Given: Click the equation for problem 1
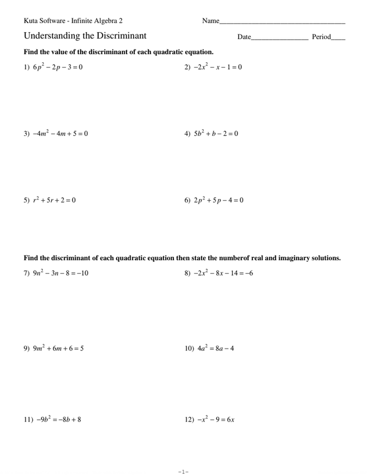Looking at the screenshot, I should [58, 67].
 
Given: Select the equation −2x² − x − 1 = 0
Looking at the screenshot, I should [217, 67].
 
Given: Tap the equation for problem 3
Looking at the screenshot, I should [60, 134].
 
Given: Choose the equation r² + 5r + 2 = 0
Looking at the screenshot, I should [54, 200].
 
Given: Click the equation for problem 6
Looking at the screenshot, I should [218, 200].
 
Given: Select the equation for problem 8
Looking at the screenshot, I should [223, 274].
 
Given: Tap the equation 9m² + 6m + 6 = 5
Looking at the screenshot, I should [58, 349].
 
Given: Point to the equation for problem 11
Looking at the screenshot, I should [59, 419].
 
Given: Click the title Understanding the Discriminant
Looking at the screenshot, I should [85, 36].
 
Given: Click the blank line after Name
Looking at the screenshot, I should [283, 22].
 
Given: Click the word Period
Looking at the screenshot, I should [321, 37].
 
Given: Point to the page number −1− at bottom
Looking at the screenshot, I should [183, 471].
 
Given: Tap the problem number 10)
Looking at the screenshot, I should [190, 349].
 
